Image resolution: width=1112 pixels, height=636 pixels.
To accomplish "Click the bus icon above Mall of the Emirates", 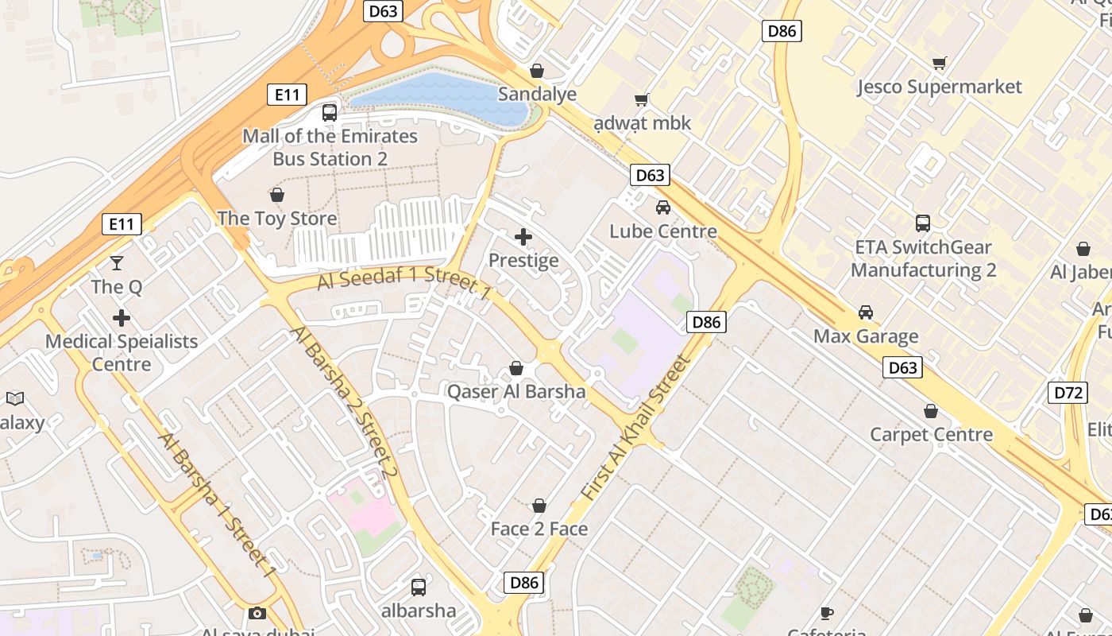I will tap(330, 113).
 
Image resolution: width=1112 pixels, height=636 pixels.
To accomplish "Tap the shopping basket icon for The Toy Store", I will tap(277, 195).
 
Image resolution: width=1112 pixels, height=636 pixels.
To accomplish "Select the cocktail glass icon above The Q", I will tap(117, 263).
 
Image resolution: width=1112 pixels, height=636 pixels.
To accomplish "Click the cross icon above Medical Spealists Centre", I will tap(122, 319).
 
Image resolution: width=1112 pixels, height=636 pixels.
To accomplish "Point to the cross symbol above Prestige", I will tap(523, 237).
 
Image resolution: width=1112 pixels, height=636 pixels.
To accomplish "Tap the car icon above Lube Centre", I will tap(662, 208).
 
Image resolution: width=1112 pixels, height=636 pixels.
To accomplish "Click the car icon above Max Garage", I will tap(866, 312).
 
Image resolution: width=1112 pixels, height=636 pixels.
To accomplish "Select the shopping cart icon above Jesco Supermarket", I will tap(940, 63).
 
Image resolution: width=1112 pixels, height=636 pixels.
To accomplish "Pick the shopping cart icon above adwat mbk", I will tap(642, 100).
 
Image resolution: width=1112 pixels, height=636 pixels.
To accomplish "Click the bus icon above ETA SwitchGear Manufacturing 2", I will tap(923, 223).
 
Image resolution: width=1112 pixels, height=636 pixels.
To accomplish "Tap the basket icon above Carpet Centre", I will tap(931, 411).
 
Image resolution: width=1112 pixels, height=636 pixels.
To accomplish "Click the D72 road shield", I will tap(1068, 392).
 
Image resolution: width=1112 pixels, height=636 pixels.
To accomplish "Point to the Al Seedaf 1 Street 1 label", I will tap(404, 282).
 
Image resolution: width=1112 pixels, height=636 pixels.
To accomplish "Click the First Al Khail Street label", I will tap(637, 428).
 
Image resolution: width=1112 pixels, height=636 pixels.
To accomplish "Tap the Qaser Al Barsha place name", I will tap(516, 391).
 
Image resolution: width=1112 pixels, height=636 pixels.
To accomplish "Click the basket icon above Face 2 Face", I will tap(539, 506).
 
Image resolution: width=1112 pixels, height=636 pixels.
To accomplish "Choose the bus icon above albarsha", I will tap(419, 588).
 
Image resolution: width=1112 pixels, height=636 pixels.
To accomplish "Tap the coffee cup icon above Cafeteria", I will tap(827, 613).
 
